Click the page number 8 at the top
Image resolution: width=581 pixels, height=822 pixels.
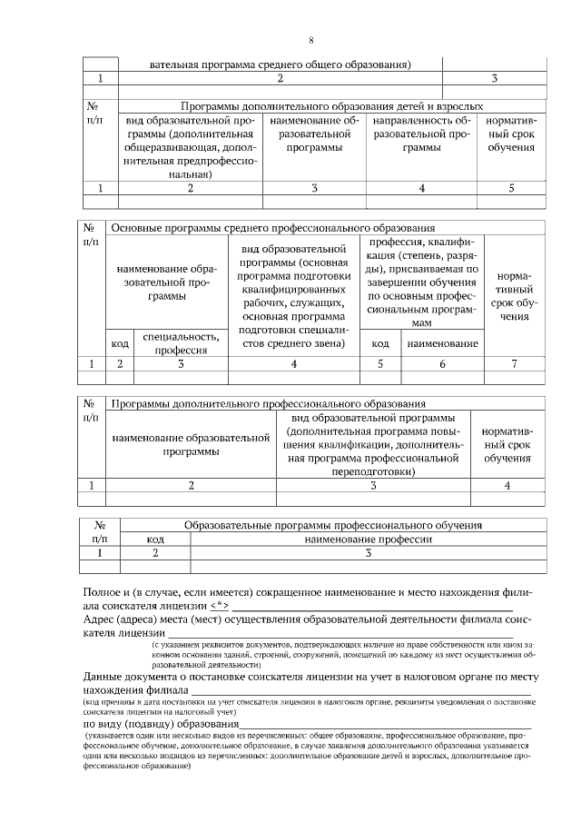point(311,40)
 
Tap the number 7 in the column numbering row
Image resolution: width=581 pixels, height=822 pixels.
point(514,363)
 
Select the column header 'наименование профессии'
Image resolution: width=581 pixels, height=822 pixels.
point(369,539)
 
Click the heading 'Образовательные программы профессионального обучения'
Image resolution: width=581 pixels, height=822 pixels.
point(332,525)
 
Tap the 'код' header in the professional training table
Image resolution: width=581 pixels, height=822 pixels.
point(155,539)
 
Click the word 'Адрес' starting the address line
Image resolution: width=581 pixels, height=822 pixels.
point(100,619)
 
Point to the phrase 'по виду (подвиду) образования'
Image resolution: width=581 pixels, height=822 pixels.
point(160,724)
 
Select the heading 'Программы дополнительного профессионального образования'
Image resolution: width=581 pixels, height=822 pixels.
point(269,403)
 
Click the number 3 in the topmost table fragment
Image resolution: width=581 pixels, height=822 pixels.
point(494,79)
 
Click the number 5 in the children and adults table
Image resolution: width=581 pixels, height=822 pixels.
point(511,188)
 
